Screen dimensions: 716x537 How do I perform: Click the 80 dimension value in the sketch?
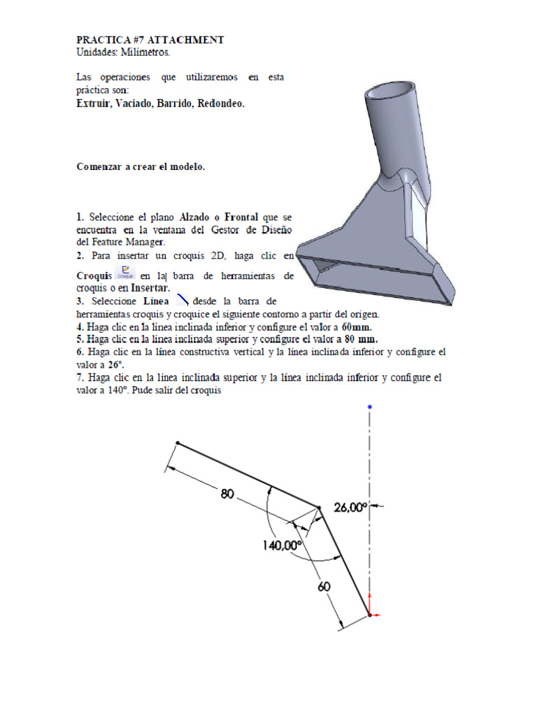click(227, 494)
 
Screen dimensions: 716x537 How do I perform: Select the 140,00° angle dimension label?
click(282, 545)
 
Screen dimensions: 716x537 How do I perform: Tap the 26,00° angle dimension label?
click(350, 509)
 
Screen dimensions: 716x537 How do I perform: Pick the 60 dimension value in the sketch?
click(324, 587)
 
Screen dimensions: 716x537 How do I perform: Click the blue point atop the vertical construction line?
click(369, 406)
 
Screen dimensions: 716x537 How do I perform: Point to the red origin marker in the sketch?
click(371, 615)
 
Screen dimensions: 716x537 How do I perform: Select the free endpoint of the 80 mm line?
click(178, 443)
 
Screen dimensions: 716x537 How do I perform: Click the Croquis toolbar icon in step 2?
click(126, 271)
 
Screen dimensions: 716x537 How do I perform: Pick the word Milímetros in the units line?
click(144, 52)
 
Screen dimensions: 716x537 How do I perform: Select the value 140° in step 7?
click(113, 391)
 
